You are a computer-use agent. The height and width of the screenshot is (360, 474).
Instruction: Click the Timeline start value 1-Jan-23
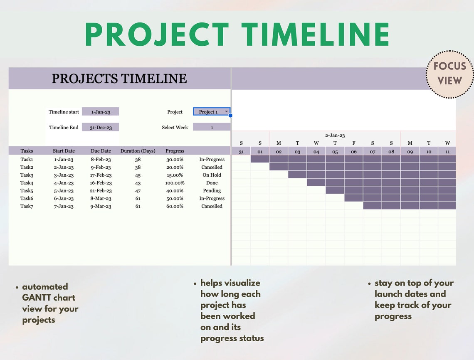coord(100,112)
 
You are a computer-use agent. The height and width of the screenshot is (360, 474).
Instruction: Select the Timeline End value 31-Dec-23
coord(100,128)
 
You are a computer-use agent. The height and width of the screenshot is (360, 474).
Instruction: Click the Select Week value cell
coord(211,128)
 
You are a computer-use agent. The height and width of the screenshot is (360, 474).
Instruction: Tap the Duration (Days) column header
coord(138,151)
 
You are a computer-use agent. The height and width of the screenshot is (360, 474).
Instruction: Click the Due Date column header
coord(101,151)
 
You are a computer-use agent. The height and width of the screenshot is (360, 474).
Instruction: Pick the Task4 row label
coord(27,183)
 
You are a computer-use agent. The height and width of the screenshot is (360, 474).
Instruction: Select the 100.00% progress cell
coord(175,183)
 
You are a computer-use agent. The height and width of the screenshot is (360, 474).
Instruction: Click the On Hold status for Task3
coord(212,175)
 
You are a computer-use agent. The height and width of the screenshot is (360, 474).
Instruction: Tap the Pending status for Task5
coord(212,191)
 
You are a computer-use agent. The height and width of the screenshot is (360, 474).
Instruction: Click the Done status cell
coord(212,183)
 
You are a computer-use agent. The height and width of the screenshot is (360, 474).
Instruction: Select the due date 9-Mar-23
coord(101,206)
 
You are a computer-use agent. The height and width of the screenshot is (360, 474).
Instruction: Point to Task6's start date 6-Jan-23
coord(64,199)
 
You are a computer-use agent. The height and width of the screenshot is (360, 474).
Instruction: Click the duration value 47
coord(138,191)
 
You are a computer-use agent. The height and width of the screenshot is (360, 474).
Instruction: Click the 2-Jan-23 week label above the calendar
coord(335,136)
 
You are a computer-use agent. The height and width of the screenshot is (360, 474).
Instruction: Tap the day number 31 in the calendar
coord(241,152)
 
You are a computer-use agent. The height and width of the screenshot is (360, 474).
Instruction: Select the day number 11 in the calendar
coord(447,152)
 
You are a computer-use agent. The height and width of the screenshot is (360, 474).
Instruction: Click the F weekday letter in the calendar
coord(354,143)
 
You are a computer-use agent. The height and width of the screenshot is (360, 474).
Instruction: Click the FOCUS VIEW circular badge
coord(449,74)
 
